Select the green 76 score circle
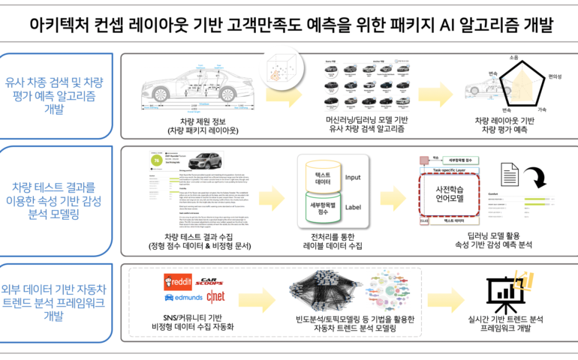[x=156, y=160]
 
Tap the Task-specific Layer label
[x=448, y=172]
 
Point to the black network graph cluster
[x=327, y=291]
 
